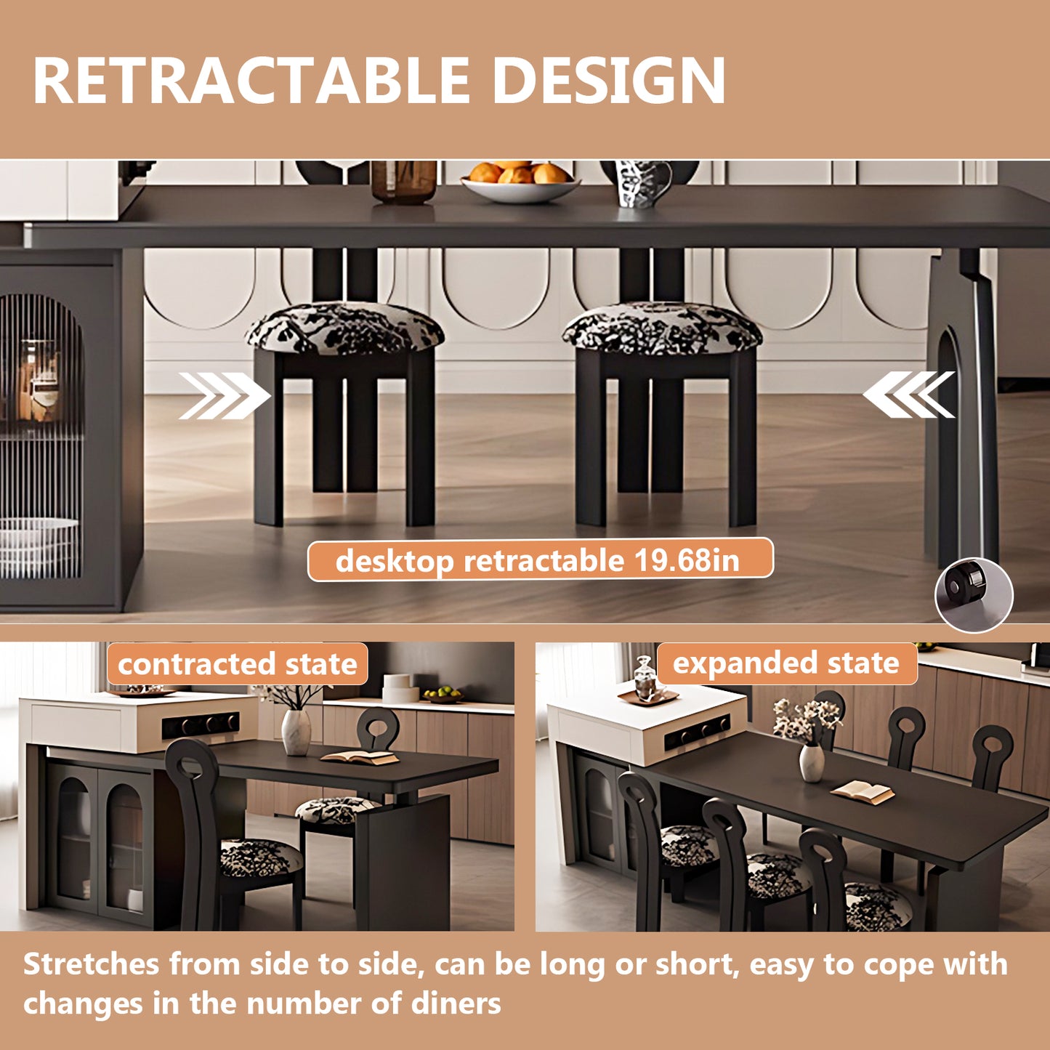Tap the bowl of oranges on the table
pyautogui.click(x=519, y=182)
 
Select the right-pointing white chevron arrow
pyautogui.click(x=224, y=396)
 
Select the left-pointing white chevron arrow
pyautogui.click(x=909, y=395)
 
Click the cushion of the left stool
pyautogui.click(x=344, y=329)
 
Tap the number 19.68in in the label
pyautogui.click(x=686, y=560)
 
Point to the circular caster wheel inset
pyautogui.click(x=973, y=594)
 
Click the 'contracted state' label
pyautogui.click(x=238, y=664)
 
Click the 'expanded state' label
pyautogui.click(x=786, y=663)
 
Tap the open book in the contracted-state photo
pyautogui.click(x=360, y=757)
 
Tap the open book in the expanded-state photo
pyautogui.click(x=863, y=792)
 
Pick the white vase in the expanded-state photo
pyautogui.click(x=812, y=763)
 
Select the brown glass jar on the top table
pyautogui.click(x=403, y=182)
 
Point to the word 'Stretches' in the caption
pyautogui.click(x=91, y=965)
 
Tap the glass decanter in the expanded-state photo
pyautogui.click(x=645, y=678)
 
